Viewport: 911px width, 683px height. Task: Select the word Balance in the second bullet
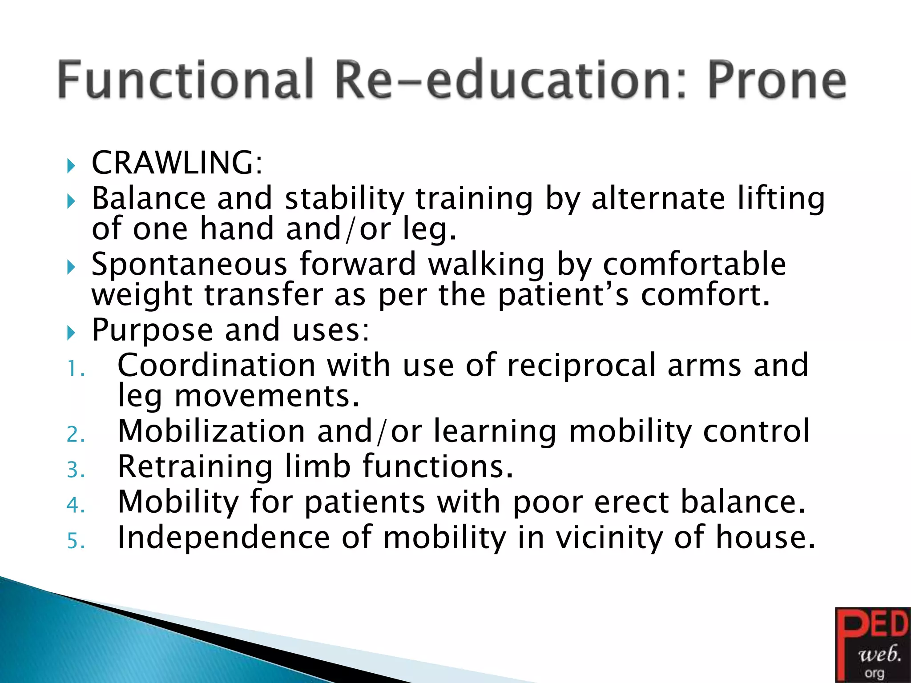[149, 198]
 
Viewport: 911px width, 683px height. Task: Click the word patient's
[563, 296]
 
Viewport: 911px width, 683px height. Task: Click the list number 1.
[76, 369]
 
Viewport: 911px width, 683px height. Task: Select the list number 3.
[76, 470]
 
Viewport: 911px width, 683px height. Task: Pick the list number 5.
[76, 541]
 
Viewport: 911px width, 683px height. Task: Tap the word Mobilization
[211, 432]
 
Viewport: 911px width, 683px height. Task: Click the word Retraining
[195, 467]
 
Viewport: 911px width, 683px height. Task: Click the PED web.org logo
[873, 645]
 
